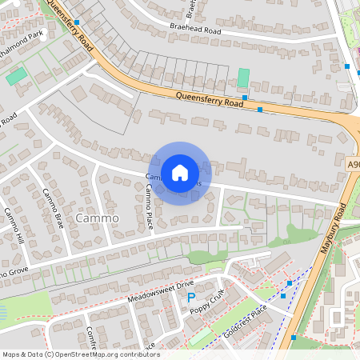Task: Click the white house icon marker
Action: click(180, 172)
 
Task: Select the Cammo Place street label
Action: click(149, 206)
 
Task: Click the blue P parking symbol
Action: click(190, 298)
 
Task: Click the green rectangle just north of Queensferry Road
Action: click(243, 78)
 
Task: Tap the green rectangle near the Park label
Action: click(16, 77)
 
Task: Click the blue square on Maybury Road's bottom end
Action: click(294, 338)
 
